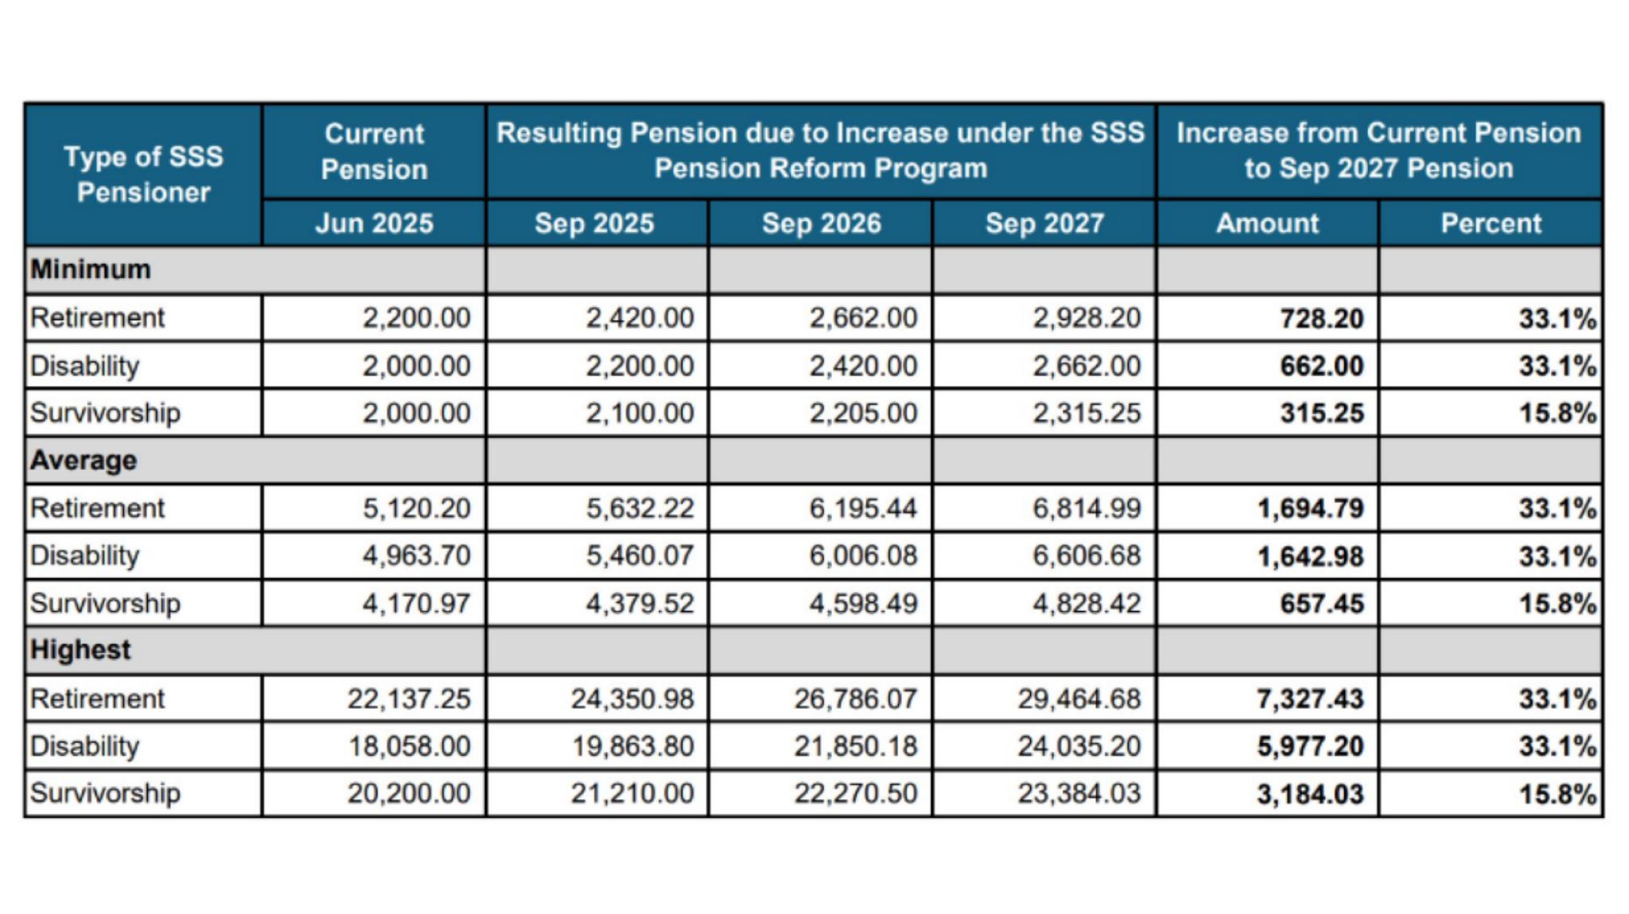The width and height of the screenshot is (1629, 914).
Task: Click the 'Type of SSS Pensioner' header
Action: click(144, 174)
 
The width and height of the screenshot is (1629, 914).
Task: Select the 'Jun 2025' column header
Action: click(374, 224)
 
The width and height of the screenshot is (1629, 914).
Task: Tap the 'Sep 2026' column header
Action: click(822, 224)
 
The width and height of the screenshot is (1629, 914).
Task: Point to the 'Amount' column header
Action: click(1268, 224)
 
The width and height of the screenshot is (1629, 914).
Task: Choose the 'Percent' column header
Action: click(1491, 224)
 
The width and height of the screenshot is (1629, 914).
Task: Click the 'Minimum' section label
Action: click(91, 270)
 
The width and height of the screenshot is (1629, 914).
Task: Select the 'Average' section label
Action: click(84, 461)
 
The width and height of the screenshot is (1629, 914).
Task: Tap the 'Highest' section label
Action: click(80, 650)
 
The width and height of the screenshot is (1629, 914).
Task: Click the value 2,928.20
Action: click(1087, 318)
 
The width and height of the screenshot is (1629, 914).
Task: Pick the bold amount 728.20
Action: click(1322, 318)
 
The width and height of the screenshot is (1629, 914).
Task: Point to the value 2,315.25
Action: click(1087, 413)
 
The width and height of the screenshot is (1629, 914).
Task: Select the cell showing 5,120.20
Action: click(417, 508)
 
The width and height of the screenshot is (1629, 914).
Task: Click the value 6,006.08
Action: click(863, 555)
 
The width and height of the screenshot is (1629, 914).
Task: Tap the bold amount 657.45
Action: click(1322, 604)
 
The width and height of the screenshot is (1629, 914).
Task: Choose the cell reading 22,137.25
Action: click(409, 698)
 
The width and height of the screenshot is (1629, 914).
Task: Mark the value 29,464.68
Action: click(1079, 698)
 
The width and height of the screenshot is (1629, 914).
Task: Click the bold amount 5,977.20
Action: click(1311, 746)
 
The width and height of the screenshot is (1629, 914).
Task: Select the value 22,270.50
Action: click(856, 793)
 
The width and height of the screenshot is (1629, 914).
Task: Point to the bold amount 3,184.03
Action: click(1311, 794)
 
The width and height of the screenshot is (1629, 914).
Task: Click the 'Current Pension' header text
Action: click(374, 151)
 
